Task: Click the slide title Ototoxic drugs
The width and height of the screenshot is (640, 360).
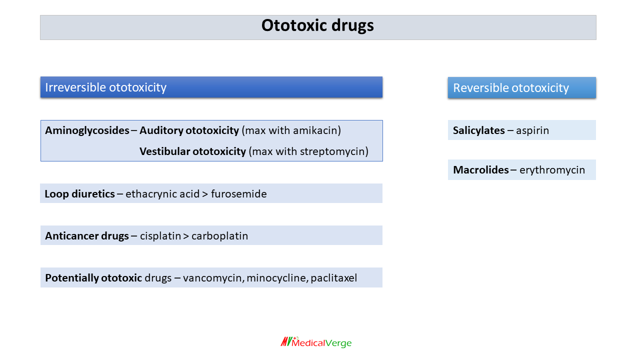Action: [317, 26]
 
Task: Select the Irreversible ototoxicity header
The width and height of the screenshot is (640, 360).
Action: [105, 87]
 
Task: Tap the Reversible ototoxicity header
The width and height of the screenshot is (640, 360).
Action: [510, 88]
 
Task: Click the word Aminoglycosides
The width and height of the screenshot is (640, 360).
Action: [87, 130]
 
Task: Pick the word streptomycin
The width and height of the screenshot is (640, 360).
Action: [333, 151]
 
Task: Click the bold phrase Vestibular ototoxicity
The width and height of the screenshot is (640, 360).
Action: [192, 151]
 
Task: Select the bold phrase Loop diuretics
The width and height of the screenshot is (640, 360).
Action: [79, 193]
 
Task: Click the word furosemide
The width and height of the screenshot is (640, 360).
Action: [238, 193]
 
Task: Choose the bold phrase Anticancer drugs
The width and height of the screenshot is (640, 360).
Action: [87, 235]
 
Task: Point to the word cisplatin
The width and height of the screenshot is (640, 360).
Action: [160, 235]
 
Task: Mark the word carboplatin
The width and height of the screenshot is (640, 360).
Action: [219, 235]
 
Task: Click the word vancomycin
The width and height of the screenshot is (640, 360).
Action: [212, 278]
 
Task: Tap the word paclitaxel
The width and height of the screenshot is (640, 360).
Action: [333, 278]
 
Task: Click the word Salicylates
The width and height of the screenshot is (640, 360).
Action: [478, 130]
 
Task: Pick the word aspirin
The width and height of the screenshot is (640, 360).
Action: [532, 130]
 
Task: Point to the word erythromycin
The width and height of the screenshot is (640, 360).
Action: [552, 170]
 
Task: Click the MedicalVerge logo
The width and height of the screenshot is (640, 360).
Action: [316, 342]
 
